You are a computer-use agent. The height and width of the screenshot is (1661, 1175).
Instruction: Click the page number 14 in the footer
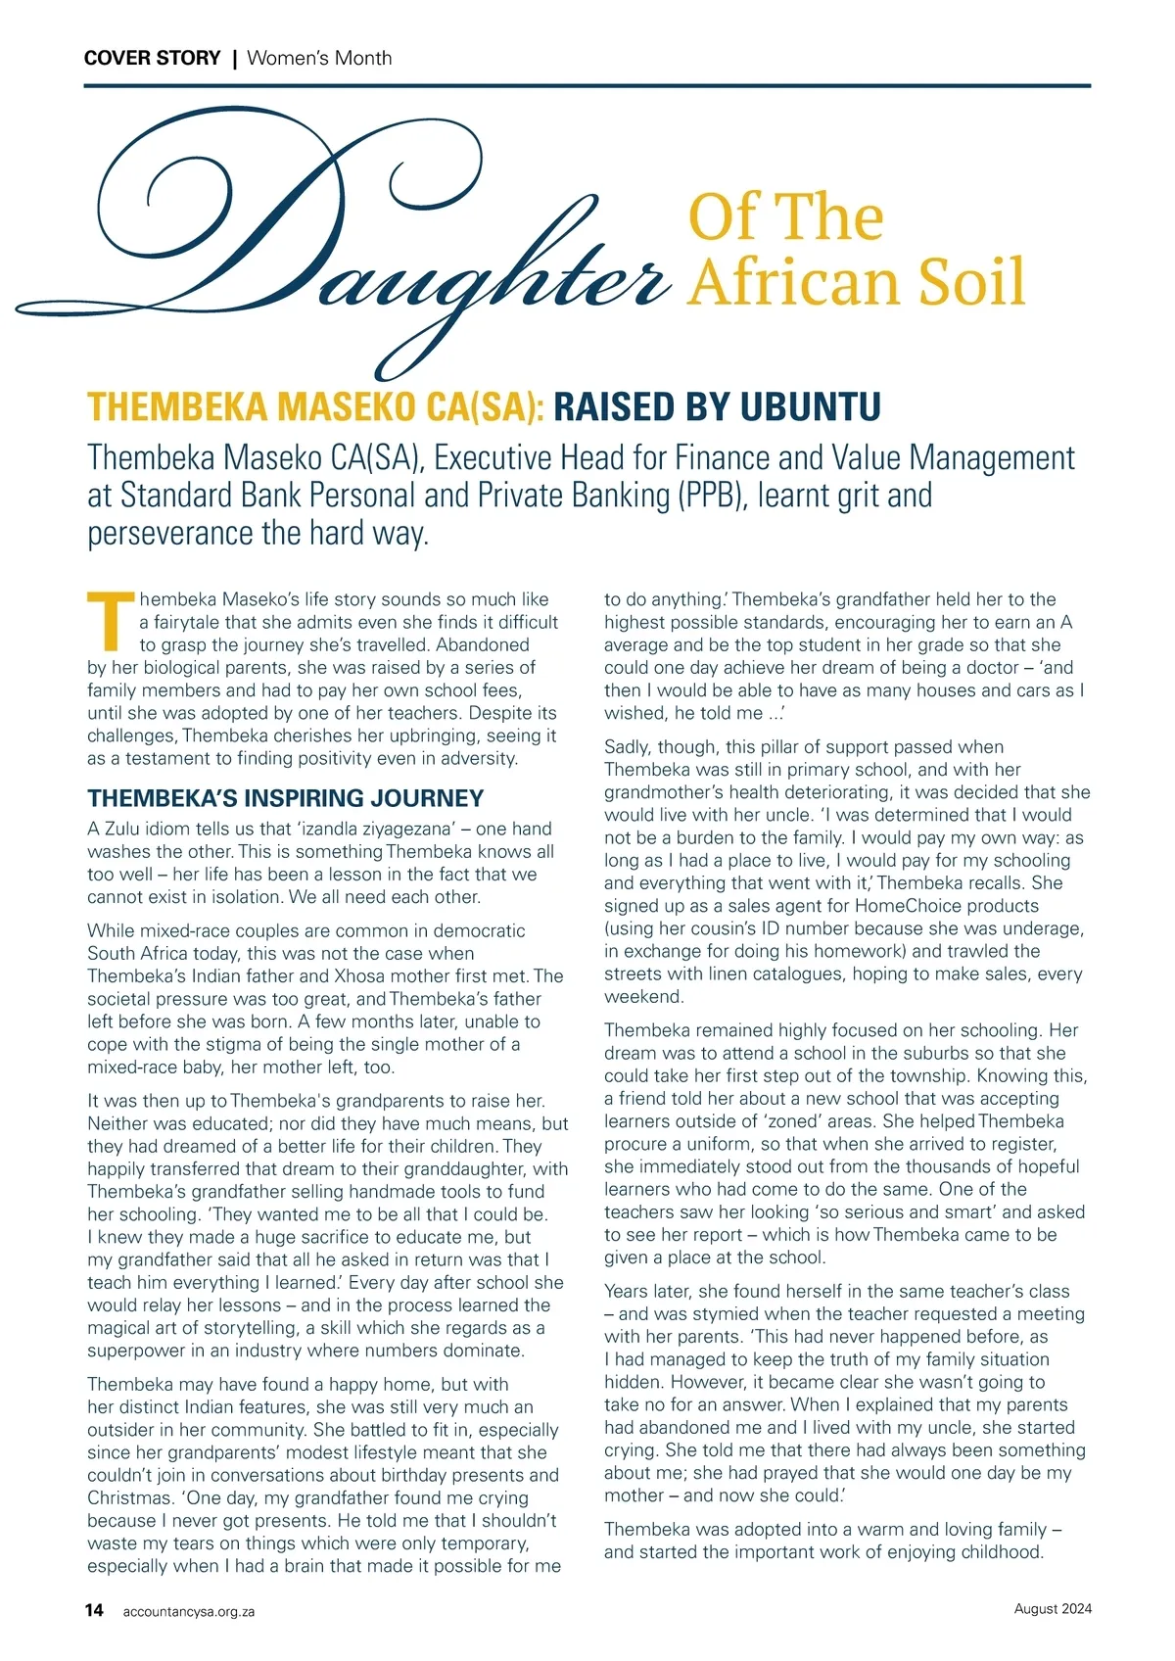click(x=94, y=1610)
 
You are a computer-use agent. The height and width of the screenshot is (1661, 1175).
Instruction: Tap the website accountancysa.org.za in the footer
click(x=189, y=1611)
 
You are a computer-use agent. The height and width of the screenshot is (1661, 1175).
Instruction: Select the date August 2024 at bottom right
click(x=1053, y=1609)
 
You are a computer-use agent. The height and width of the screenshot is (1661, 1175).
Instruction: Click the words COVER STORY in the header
click(x=153, y=58)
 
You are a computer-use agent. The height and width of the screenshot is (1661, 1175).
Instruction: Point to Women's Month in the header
click(x=319, y=58)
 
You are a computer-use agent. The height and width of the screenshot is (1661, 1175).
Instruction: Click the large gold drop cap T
click(x=111, y=621)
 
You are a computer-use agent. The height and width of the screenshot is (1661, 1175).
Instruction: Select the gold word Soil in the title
click(x=970, y=282)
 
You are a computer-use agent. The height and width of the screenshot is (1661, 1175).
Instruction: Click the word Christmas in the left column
click(x=127, y=1497)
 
